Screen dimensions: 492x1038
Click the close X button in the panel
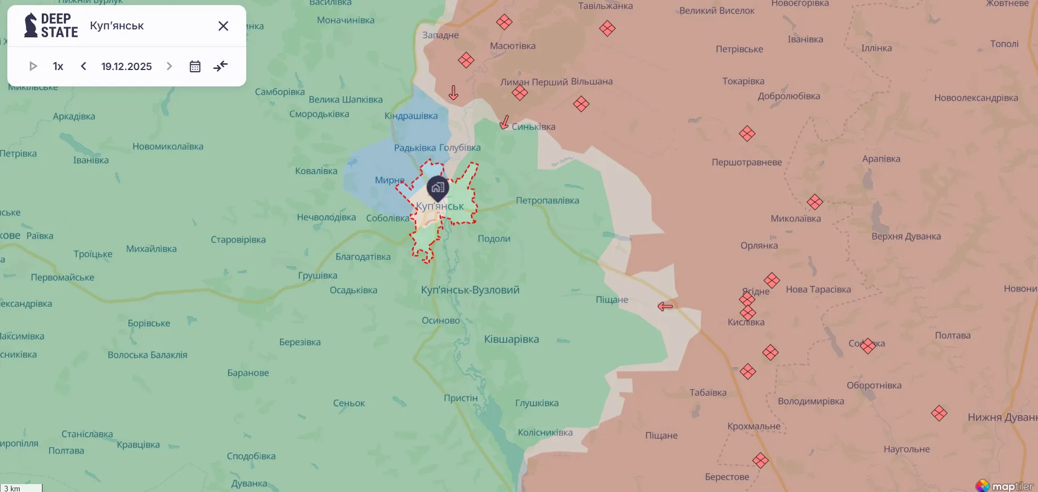click(223, 26)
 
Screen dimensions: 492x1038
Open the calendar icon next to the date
click(195, 67)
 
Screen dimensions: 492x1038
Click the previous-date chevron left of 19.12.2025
click(84, 66)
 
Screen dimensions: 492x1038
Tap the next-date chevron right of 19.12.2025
click(169, 66)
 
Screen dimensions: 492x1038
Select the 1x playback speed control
click(58, 66)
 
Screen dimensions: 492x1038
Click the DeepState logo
click(51, 26)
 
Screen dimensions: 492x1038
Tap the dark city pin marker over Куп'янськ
click(438, 188)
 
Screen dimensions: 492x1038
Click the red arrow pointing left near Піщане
click(665, 306)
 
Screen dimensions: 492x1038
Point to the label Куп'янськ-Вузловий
click(470, 290)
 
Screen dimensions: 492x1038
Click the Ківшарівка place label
click(511, 339)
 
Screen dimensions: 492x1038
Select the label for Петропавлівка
click(547, 201)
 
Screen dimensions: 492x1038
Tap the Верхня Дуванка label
click(906, 236)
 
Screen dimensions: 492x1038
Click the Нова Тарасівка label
click(818, 289)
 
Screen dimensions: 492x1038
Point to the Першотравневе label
click(747, 162)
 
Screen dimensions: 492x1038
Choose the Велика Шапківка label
click(346, 99)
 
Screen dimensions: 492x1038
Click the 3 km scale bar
click(21, 488)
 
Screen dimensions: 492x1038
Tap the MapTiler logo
click(1005, 486)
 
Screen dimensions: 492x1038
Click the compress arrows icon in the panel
click(220, 66)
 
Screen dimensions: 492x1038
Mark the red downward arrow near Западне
click(453, 93)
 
